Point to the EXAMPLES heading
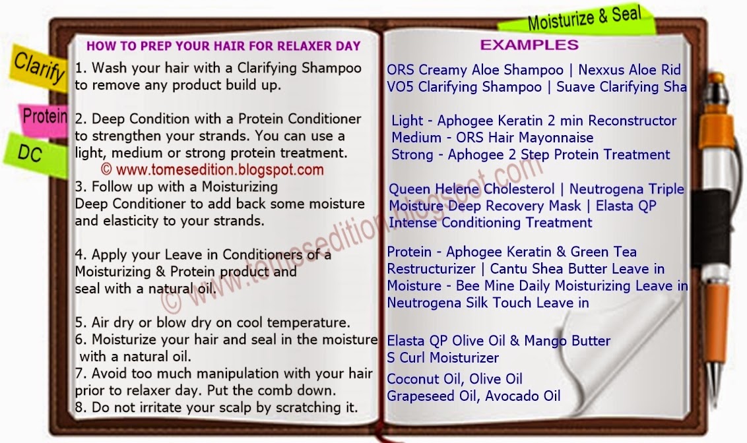(x=529, y=45)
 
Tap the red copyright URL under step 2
(x=212, y=169)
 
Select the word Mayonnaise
(x=556, y=138)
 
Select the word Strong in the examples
(x=412, y=155)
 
